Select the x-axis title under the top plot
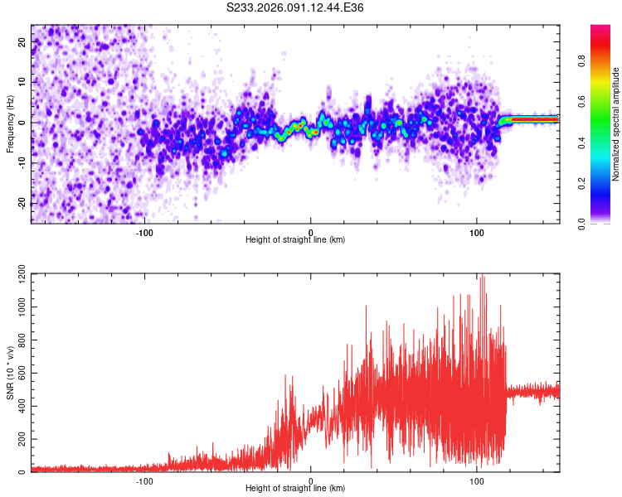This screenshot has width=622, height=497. click(x=295, y=239)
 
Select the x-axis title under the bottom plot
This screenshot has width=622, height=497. click(x=295, y=488)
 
